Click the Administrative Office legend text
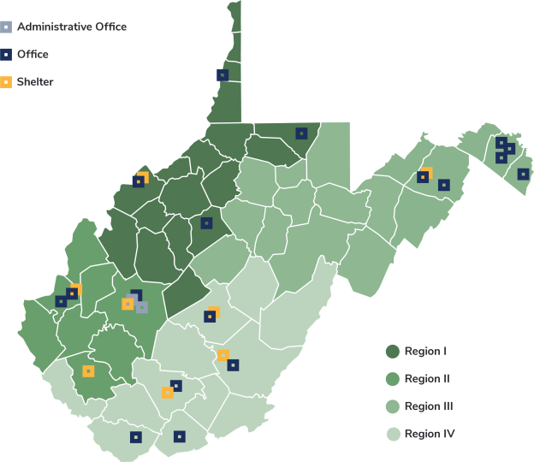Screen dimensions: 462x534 coord(72,27)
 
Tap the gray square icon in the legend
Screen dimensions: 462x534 coord(6,27)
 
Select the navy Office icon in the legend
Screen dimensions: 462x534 coord(6,55)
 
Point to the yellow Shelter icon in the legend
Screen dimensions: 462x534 coord(6,82)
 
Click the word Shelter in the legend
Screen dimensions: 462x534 coord(35,82)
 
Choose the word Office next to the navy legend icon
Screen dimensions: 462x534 coord(33,55)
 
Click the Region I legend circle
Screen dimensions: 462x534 coord(393,351)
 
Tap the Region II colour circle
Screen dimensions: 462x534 coord(393,378)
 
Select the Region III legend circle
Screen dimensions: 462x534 coord(393,406)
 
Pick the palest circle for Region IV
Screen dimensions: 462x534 coord(393,434)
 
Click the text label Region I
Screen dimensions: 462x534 coord(426,351)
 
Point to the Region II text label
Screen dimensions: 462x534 coord(427,378)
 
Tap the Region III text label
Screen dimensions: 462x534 coord(429,406)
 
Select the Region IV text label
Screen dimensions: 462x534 coord(429,434)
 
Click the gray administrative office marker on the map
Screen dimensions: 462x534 coord(141,307)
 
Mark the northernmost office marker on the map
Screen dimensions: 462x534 coord(222,75)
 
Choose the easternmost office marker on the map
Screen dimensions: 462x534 coord(523,175)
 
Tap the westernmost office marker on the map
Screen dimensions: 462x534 coord(61,301)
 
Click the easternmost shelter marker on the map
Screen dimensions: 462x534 coord(426,173)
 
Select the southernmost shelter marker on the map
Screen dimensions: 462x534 coord(168,393)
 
